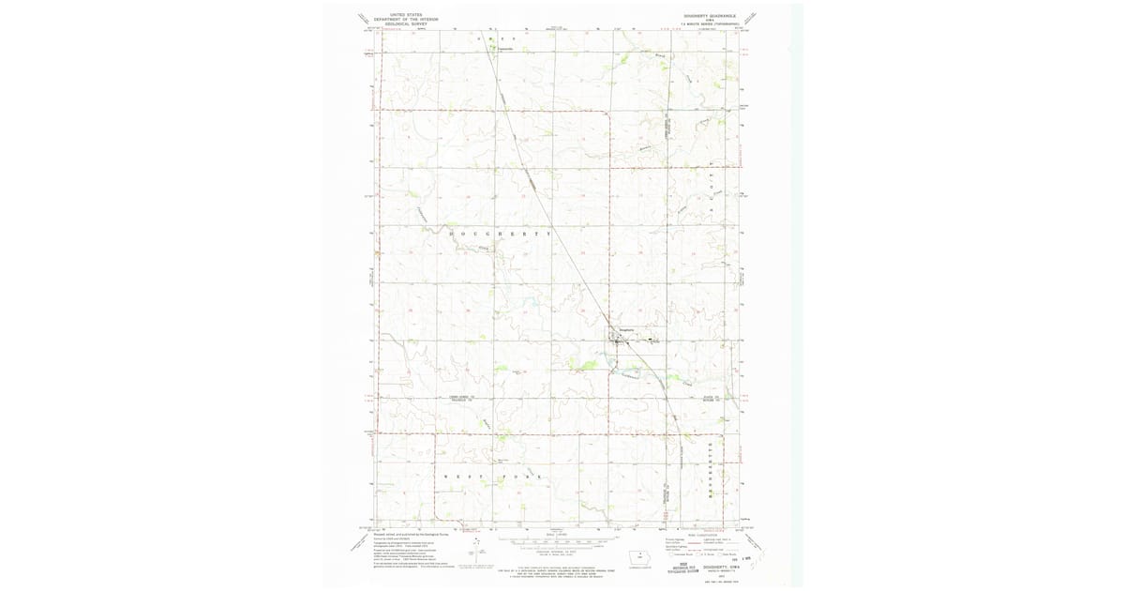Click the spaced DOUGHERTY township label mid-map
[x=501, y=232]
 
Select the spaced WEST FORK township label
[x=493, y=477]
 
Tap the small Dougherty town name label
[x=627, y=329]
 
